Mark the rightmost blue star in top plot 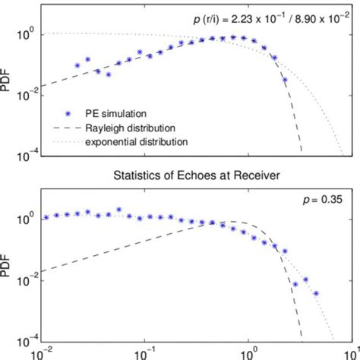coord(285,79)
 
